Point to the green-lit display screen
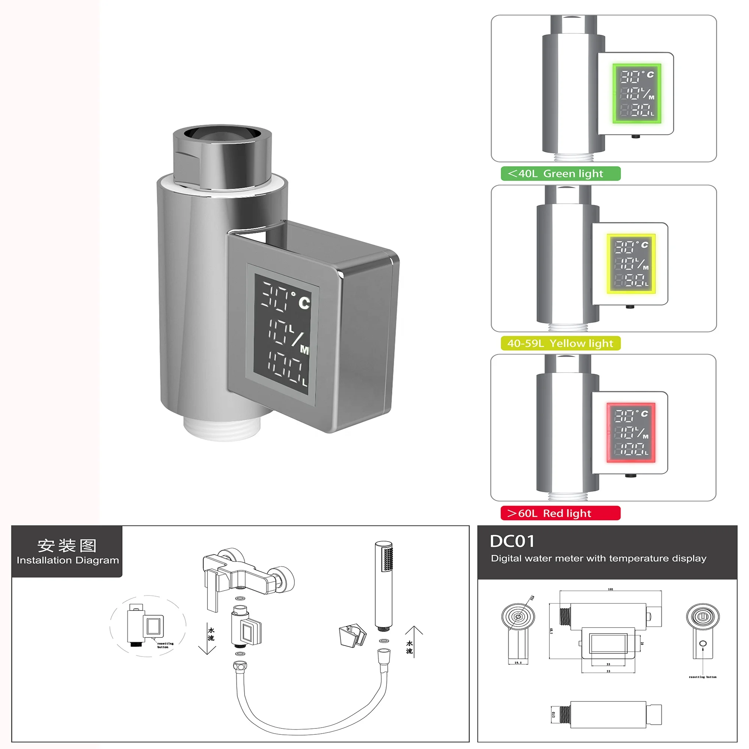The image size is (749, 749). click(x=637, y=93)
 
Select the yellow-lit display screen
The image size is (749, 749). click(x=631, y=264)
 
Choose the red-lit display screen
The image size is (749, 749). click(x=631, y=433)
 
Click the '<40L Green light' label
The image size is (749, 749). click(x=560, y=174)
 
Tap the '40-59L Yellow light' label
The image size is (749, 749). click(x=560, y=343)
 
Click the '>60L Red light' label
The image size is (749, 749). click(x=560, y=513)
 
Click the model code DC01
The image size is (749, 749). click(x=512, y=542)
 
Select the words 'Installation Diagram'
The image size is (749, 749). click(x=67, y=560)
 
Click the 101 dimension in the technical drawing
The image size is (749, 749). click(x=610, y=589)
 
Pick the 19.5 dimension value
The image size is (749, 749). click(x=518, y=662)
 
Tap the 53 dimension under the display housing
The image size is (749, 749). click(x=608, y=671)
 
